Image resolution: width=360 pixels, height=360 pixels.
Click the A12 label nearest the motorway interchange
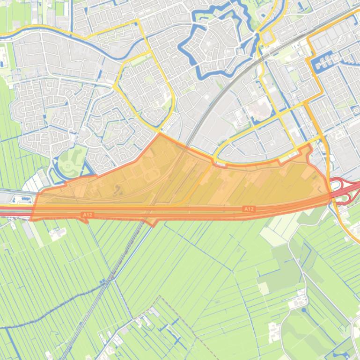249,209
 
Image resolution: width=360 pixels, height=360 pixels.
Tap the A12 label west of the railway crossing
87,215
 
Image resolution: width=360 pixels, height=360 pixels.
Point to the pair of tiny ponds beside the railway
103,282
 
